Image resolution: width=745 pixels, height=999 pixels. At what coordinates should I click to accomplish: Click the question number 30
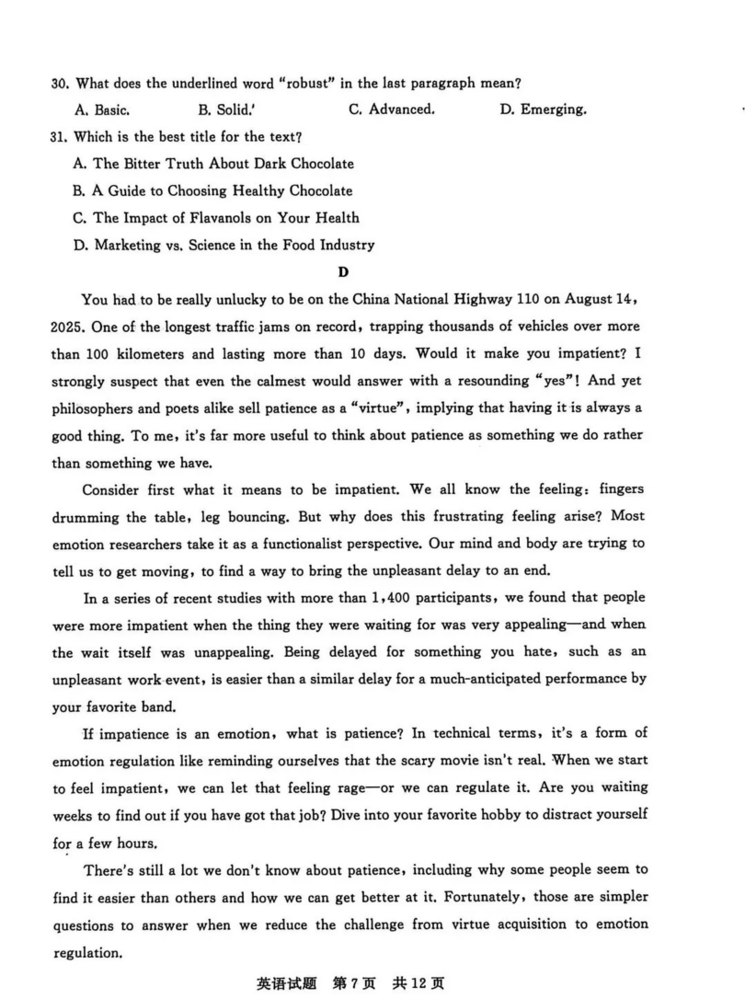pos(60,84)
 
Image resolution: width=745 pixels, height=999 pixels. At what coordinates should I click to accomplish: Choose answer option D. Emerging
pos(543,109)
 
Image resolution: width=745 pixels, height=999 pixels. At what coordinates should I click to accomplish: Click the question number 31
pos(60,137)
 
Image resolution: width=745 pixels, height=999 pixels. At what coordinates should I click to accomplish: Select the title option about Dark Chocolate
pos(212,164)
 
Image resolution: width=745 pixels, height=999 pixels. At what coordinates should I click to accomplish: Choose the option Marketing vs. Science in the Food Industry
pos(223,245)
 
